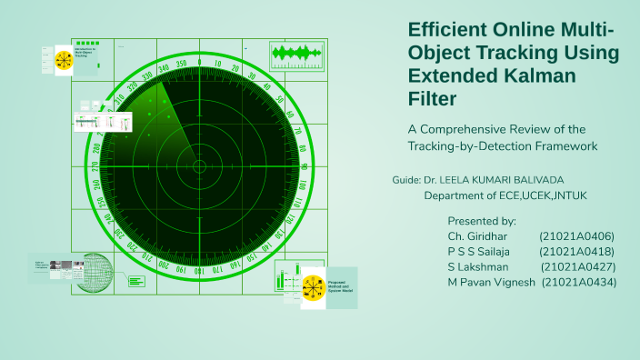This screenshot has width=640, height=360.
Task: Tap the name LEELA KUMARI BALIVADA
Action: click(x=503, y=180)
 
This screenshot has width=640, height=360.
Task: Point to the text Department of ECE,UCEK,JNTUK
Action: click(x=503, y=195)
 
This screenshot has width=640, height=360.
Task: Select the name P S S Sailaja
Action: click(x=479, y=252)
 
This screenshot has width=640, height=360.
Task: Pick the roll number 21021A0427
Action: click(x=578, y=267)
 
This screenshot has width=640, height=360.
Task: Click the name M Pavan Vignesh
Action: click(x=491, y=283)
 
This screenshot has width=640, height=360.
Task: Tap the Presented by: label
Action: click(x=482, y=221)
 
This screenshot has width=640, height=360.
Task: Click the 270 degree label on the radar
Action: click(x=95, y=165)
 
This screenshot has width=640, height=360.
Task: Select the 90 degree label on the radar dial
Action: click(x=305, y=165)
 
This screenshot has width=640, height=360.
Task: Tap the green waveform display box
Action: click(x=298, y=54)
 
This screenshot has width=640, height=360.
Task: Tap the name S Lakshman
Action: click(x=477, y=267)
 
